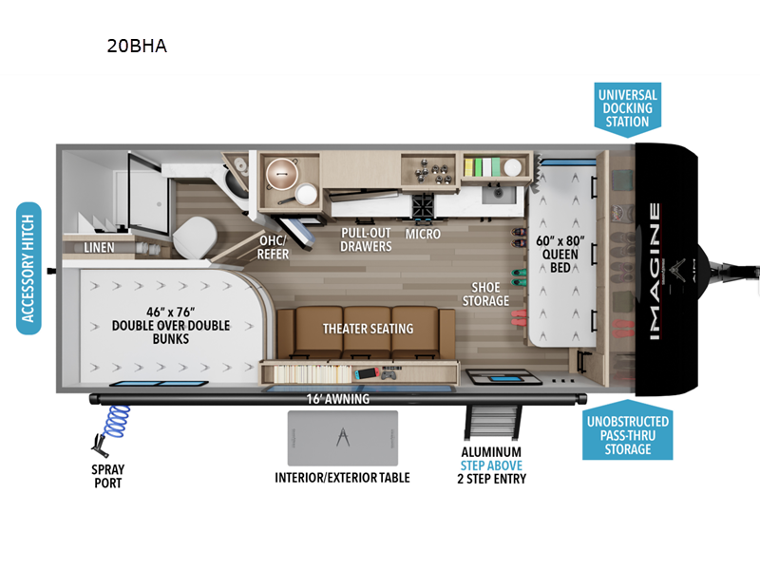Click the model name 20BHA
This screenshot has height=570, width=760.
[x=137, y=45]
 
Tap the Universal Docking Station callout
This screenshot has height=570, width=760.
[x=627, y=107]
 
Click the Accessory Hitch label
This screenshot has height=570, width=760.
[x=29, y=269]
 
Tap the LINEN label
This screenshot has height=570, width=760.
[x=98, y=248]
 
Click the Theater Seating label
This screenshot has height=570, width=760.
[x=368, y=329]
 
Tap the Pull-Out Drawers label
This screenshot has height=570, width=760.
[x=367, y=239]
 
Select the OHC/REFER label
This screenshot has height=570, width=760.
[x=274, y=248]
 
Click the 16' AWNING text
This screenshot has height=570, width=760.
[x=337, y=399]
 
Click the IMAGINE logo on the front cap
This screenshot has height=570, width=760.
[x=656, y=271]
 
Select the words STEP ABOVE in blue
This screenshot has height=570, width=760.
[x=492, y=465]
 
